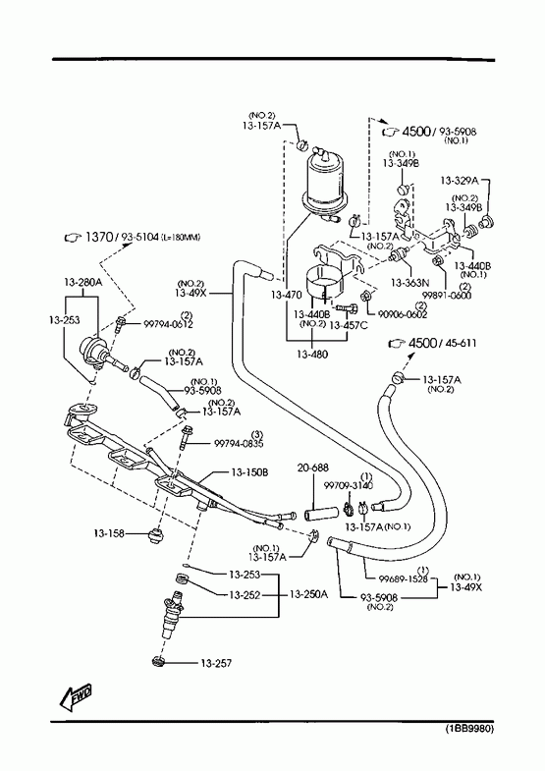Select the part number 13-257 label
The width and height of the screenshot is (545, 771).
[216, 663]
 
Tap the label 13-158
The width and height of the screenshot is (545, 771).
[109, 533]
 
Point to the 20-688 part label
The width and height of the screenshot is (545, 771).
[313, 468]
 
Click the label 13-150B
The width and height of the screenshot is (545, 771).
[249, 472]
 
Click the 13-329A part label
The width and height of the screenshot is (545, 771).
[459, 180]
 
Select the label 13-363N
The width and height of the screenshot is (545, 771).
[409, 283]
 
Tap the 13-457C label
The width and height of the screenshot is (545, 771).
[348, 325]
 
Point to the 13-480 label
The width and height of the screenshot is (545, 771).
[312, 354]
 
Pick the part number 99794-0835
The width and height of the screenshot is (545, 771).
[239, 444]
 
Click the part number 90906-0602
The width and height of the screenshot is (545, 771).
[403, 314]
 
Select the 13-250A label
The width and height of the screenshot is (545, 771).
[308, 594]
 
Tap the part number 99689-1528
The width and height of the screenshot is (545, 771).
[403, 578]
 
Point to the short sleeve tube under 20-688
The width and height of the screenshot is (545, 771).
[321, 513]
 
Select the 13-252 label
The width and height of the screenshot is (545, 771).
[245, 595]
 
